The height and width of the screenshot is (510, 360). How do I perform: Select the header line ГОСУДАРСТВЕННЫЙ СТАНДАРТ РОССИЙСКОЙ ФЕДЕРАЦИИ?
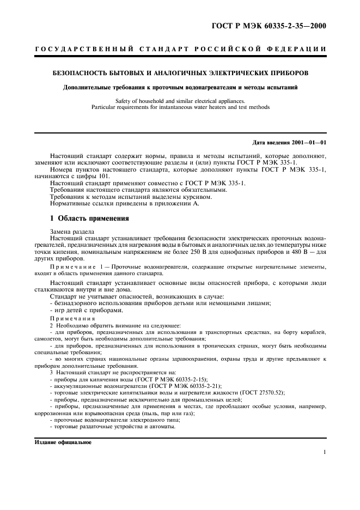coord(180,49)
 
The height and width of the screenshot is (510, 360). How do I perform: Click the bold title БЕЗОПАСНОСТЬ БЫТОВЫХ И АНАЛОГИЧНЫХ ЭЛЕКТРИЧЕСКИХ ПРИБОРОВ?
coord(180,72)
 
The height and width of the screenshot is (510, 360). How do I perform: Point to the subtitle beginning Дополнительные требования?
coord(180,87)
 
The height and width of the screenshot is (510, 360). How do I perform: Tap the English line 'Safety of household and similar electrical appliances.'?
coord(180,101)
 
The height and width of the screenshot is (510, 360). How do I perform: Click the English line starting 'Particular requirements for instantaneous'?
coord(180,107)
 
